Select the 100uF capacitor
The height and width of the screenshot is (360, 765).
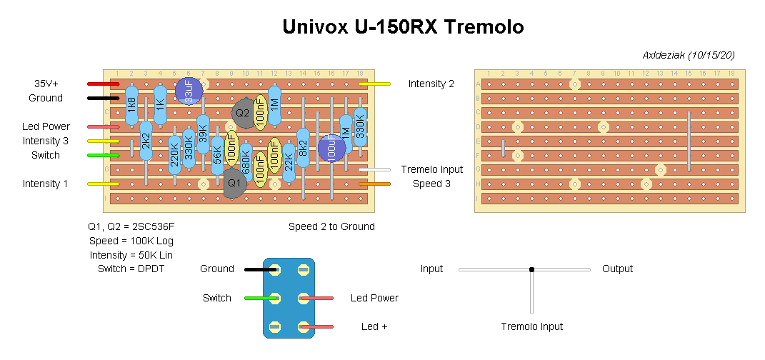click(x=331, y=148)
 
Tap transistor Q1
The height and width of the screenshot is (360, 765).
click(x=234, y=183)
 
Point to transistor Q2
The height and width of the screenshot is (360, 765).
click(x=243, y=113)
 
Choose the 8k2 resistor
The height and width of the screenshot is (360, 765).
click(x=303, y=148)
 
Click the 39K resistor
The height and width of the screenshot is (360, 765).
click(x=203, y=134)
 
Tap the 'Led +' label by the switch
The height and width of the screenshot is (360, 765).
click(x=374, y=326)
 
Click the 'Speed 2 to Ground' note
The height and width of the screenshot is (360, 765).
click(x=331, y=226)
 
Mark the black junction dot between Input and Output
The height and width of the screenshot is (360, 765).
click(x=531, y=269)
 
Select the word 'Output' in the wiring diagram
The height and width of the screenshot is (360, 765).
click(x=617, y=269)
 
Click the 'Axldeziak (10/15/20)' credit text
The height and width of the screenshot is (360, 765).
click(x=689, y=55)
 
